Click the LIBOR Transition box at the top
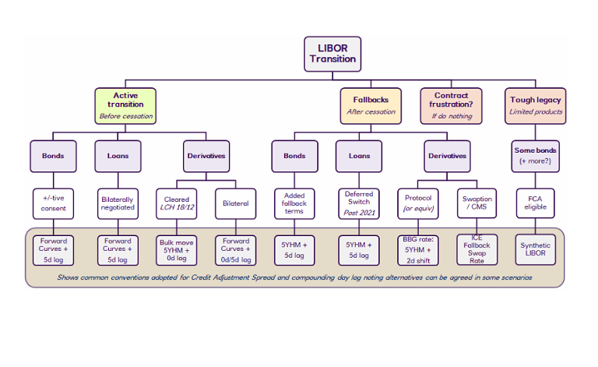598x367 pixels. coord(332,54)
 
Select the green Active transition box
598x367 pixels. coord(125,105)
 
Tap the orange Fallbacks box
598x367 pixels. coord(370,105)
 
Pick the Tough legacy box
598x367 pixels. coord(535,105)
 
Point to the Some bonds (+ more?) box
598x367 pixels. coord(535,156)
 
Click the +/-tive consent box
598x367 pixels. coord(53,203)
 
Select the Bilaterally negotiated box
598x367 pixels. coord(118,203)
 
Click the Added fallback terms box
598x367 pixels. coord(294,203)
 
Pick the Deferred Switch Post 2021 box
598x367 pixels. coord(359,203)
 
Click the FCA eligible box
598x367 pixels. coord(535,203)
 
